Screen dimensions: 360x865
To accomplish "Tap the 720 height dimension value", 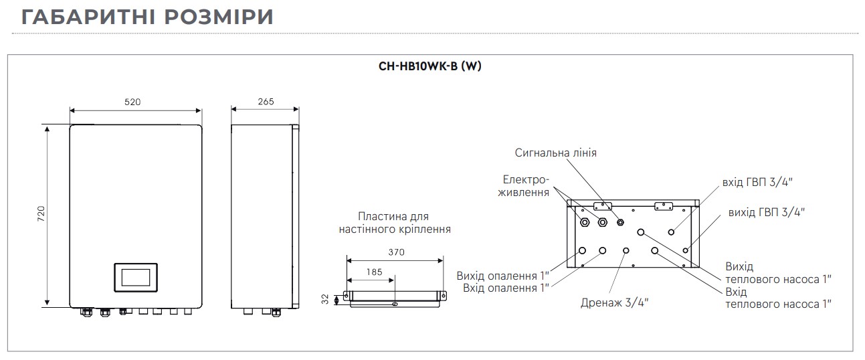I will [41, 215].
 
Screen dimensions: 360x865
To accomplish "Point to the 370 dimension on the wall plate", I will [395, 252].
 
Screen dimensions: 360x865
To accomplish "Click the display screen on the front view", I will [136, 276].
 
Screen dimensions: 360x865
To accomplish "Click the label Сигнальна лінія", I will [555, 153].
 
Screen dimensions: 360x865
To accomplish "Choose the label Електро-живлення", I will [525, 185].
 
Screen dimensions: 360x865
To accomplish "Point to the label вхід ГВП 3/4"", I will [762, 182].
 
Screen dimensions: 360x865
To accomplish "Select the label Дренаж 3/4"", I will [615, 302].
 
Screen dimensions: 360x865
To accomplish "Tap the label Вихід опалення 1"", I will [502, 276].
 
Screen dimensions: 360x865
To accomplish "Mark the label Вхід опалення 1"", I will [506, 288].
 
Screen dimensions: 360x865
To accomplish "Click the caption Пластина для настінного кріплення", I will [393, 223].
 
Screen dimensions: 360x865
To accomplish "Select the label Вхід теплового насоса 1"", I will [778, 298].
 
